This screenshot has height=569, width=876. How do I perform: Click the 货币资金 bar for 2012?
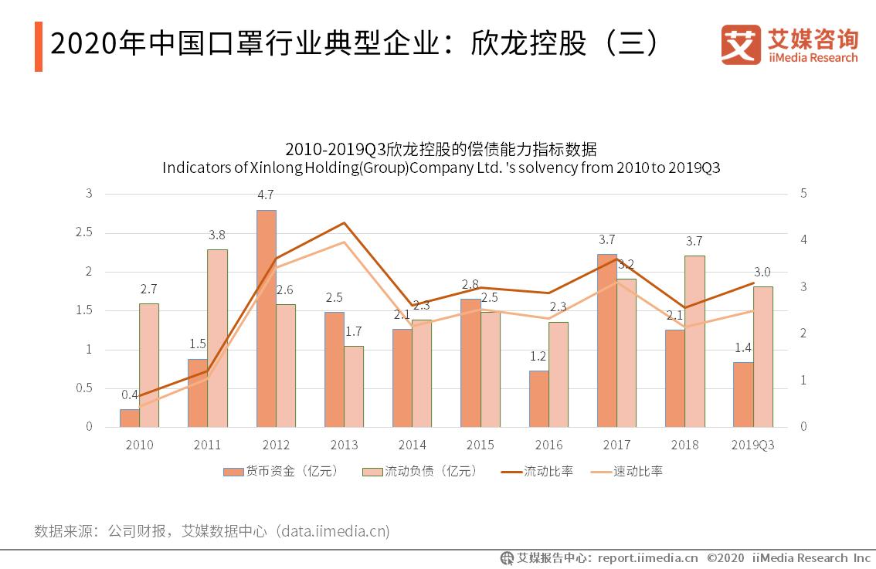click(x=267, y=318)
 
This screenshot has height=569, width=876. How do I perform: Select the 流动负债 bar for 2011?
click(x=217, y=337)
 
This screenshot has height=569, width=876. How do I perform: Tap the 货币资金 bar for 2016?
click(x=538, y=398)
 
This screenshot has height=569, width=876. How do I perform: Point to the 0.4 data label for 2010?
click(x=130, y=395)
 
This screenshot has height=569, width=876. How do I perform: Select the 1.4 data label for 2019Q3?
click(x=742, y=347)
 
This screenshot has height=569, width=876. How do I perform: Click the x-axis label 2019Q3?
click(x=752, y=445)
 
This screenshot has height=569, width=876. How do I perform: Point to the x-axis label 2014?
click(x=412, y=445)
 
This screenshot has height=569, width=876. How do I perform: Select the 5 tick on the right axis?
click(x=803, y=194)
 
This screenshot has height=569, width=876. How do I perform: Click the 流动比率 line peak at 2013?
click(x=344, y=222)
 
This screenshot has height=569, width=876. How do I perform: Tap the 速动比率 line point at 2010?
click(x=139, y=407)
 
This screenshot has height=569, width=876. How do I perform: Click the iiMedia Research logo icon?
click(x=740, y=44)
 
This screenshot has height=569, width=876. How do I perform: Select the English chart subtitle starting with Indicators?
click(x=440, y=168)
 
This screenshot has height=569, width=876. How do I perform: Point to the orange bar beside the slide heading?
click(x=38, y=47)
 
